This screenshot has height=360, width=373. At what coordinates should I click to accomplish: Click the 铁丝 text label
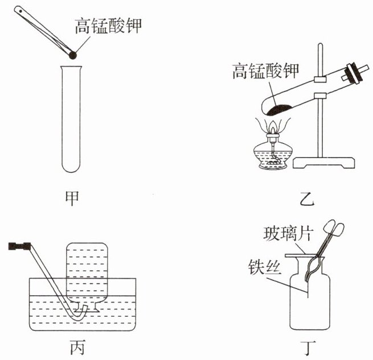264,266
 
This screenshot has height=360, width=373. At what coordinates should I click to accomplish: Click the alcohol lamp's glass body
273,156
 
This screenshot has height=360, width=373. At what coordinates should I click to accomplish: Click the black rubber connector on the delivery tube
20,246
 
